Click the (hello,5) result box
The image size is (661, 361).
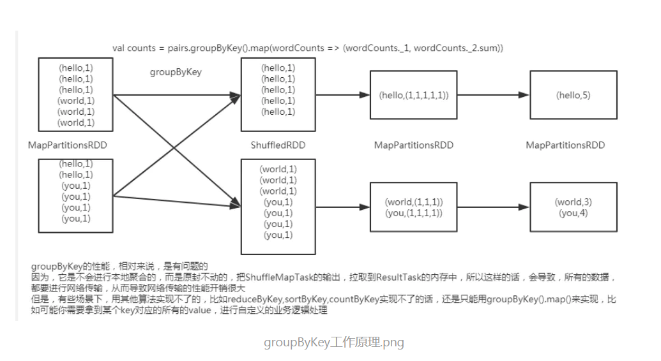click(573, 95)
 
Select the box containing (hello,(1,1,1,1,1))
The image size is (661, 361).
click(413, 95)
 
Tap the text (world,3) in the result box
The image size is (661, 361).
click(574, 202)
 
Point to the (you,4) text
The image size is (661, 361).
click(574, 213)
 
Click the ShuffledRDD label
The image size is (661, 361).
click(278, 145)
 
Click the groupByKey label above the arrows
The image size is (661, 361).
click(176, 72)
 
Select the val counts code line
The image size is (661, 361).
click(308, 48)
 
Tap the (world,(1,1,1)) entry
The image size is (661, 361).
click(413, 202)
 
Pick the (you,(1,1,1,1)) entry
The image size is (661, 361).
click(413, 213)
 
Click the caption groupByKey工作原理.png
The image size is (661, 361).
click(334, 343)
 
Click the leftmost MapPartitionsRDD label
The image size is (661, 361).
click(68, 145)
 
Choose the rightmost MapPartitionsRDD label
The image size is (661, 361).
click(565, 145)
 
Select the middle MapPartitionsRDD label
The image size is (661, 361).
click(413, 145)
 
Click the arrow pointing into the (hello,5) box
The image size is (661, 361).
click(493, 95)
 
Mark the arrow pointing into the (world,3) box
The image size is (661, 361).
click(493, 207)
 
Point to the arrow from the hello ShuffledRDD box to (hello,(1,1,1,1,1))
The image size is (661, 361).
click(343, 95)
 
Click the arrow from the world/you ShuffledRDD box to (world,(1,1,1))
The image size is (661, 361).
click(343, 207)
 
